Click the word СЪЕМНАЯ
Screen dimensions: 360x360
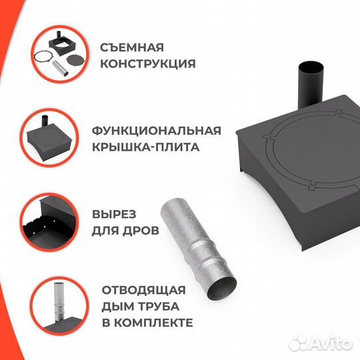click(132, 48)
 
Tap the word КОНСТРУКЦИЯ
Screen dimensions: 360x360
click(147, 64)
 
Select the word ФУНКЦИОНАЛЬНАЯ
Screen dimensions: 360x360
click(160, 130)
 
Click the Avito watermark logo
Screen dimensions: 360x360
click(328, 343)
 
